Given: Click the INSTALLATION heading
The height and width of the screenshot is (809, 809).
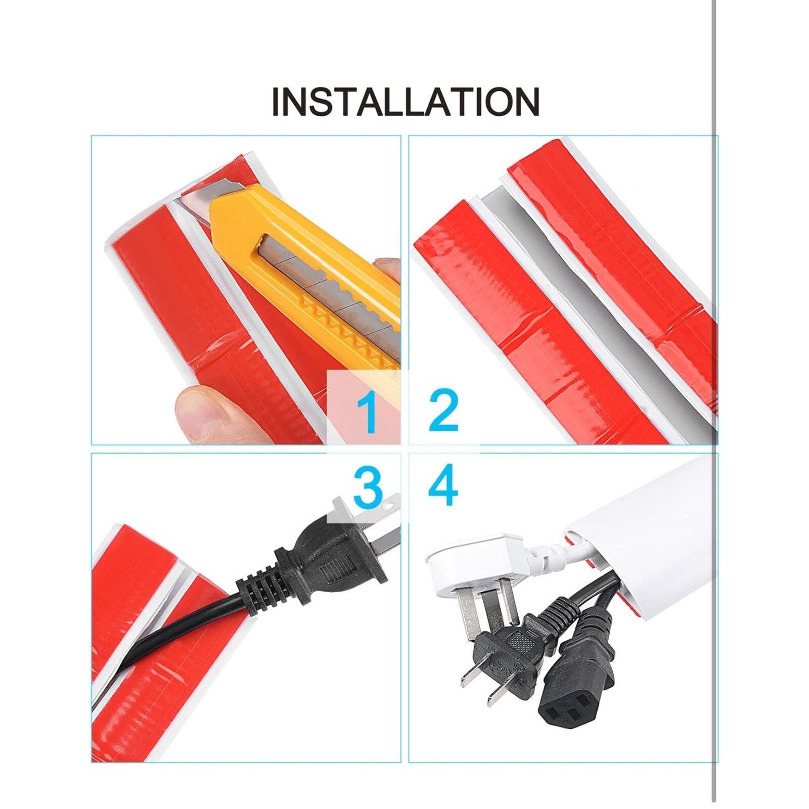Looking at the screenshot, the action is click(406, 102).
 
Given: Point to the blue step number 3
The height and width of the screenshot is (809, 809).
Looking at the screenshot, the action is click(368, 487).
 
